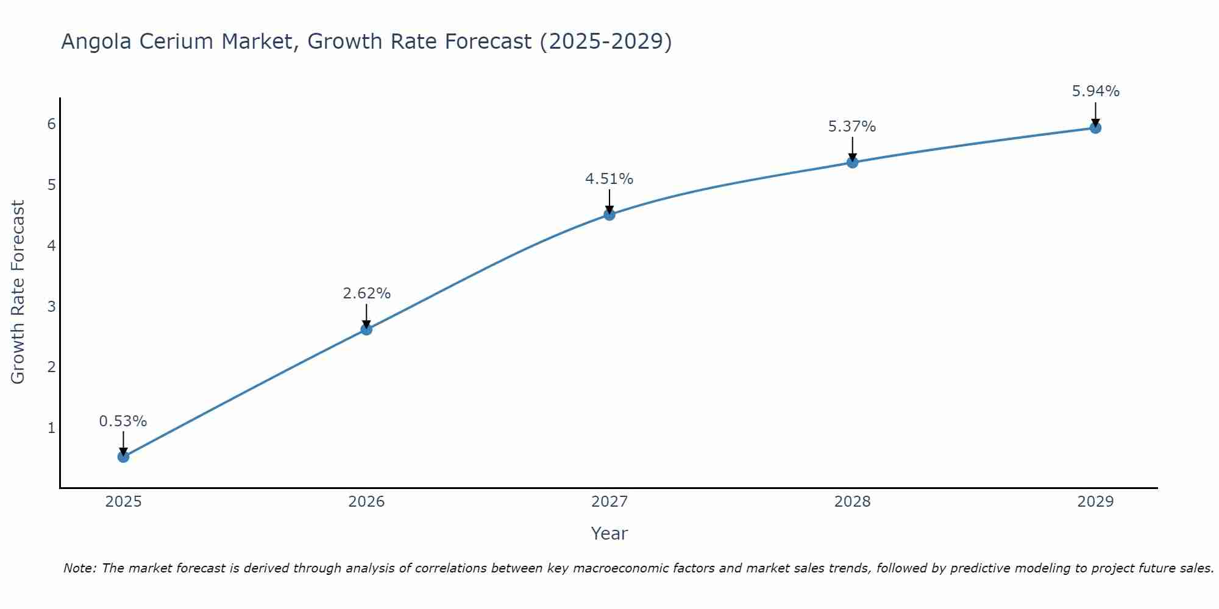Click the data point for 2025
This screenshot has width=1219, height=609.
(123, 456)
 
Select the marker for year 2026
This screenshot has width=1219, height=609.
(366, 329)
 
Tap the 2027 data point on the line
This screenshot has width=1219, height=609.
(609, 214)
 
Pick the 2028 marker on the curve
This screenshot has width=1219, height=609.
(853, 162)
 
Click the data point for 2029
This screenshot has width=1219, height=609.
(1095, 128)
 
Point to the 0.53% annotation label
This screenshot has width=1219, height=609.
(123, 421)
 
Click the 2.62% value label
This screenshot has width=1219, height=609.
(366, 293)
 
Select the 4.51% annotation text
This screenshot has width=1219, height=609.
(609, 178)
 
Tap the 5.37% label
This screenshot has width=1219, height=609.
(852, 126)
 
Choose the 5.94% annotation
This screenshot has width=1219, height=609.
(1095, 91)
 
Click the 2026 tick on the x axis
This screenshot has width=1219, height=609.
(366, 502)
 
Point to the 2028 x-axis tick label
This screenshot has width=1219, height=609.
(853, 502)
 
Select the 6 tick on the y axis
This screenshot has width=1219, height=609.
(51, 124)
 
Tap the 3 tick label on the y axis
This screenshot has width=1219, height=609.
(51, 306)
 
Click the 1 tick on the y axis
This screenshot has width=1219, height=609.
(51, 428)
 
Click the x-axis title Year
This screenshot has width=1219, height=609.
(609, 533)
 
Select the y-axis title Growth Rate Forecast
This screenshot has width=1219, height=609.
(18, 292)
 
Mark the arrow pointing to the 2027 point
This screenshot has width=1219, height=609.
(609, 201)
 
